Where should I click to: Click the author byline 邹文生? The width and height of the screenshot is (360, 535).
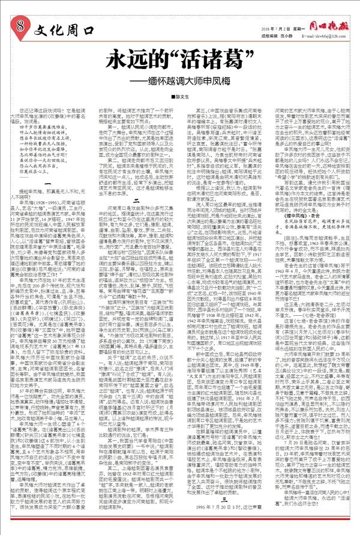pos(182,97)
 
